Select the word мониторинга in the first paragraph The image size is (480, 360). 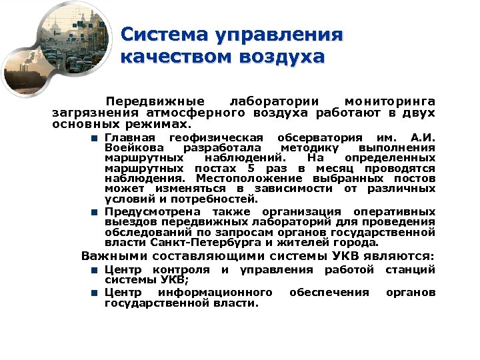(390, 101)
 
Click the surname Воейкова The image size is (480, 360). (132, 148)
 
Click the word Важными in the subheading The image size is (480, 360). (114, 256)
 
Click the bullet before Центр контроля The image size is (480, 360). (95, 270)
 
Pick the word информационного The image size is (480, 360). (215, 293)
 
